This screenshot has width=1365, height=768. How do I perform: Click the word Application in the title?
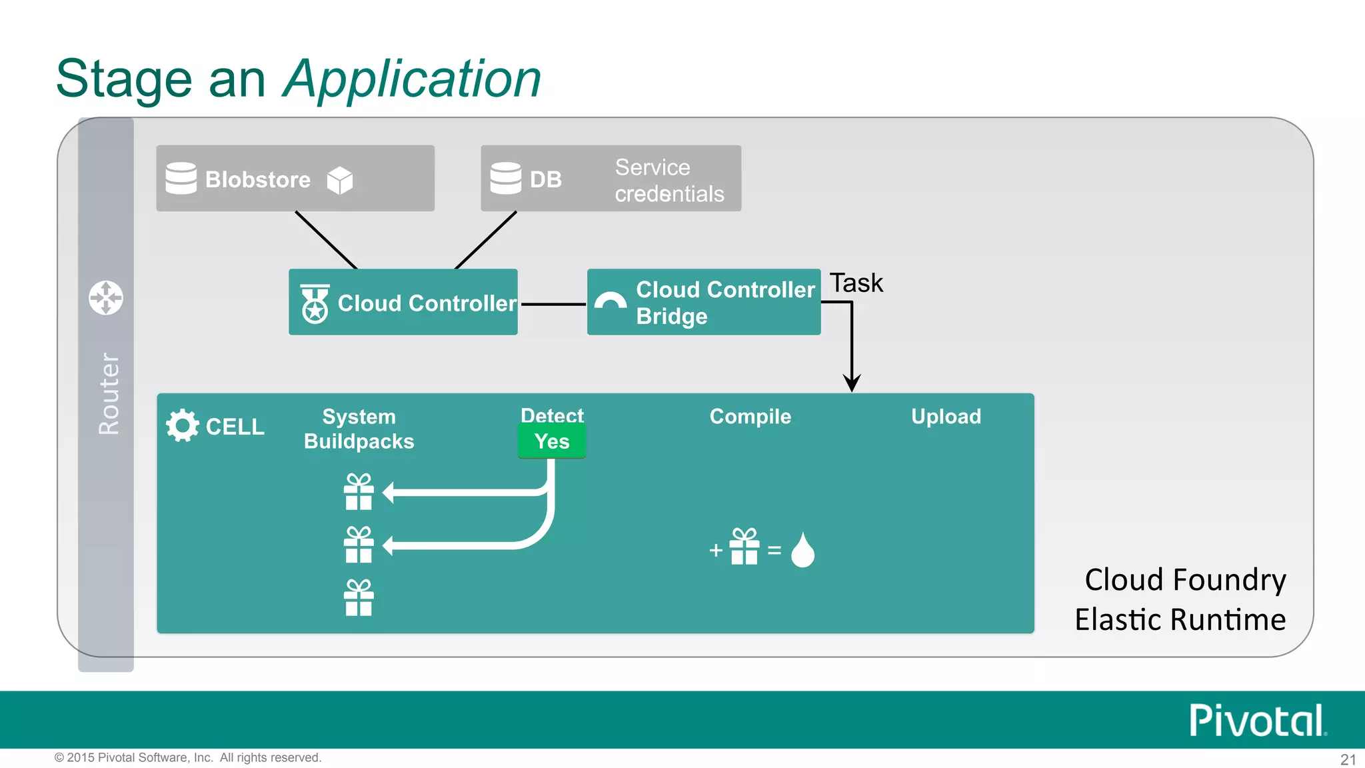click(412, 79)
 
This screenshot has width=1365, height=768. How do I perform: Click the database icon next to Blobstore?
click(181, 178)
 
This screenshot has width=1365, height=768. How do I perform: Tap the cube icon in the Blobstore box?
click(340, 180)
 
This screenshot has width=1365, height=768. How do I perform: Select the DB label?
click(545, 179)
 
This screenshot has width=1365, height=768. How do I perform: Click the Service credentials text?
click(669, 180)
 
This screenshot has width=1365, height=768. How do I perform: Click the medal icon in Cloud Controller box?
click(315, 304)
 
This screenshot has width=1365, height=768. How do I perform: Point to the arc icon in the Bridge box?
click(610, 301)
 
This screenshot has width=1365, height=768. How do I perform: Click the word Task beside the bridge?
click(856, 283)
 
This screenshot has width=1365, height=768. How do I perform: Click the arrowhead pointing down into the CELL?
click(852, 383)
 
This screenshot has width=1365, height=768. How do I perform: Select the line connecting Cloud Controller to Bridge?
click(553, 304)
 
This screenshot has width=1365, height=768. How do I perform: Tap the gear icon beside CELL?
click(183, 425)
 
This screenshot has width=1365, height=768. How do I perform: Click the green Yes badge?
click(552, 441)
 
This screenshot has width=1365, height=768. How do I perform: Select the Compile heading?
click(750, 417)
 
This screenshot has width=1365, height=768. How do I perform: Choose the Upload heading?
click(946, 417)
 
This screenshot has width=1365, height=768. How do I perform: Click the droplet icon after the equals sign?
click(802, 550)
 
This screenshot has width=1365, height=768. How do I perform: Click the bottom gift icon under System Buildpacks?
click(359, 598)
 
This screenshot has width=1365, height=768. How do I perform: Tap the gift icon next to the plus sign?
click(744, 547)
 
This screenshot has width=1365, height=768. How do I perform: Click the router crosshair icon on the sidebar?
click(106, 297)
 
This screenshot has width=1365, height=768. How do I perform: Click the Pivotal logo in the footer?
click(1257, 721)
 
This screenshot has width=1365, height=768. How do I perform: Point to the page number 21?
click(1348, 759)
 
